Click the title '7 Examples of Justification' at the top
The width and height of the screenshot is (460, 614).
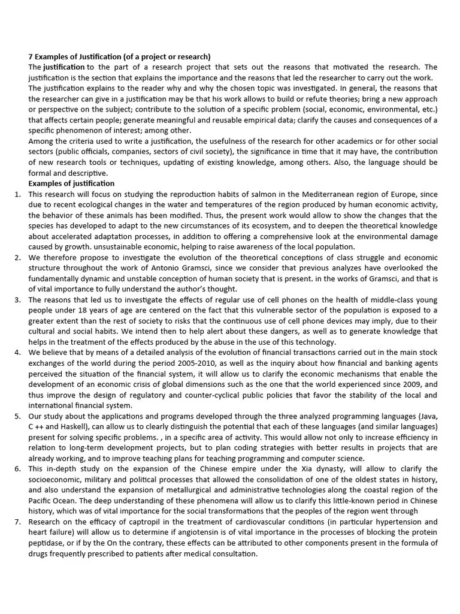click(x=119, y=57)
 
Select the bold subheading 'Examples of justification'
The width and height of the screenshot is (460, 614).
click(x=71, y=183)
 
